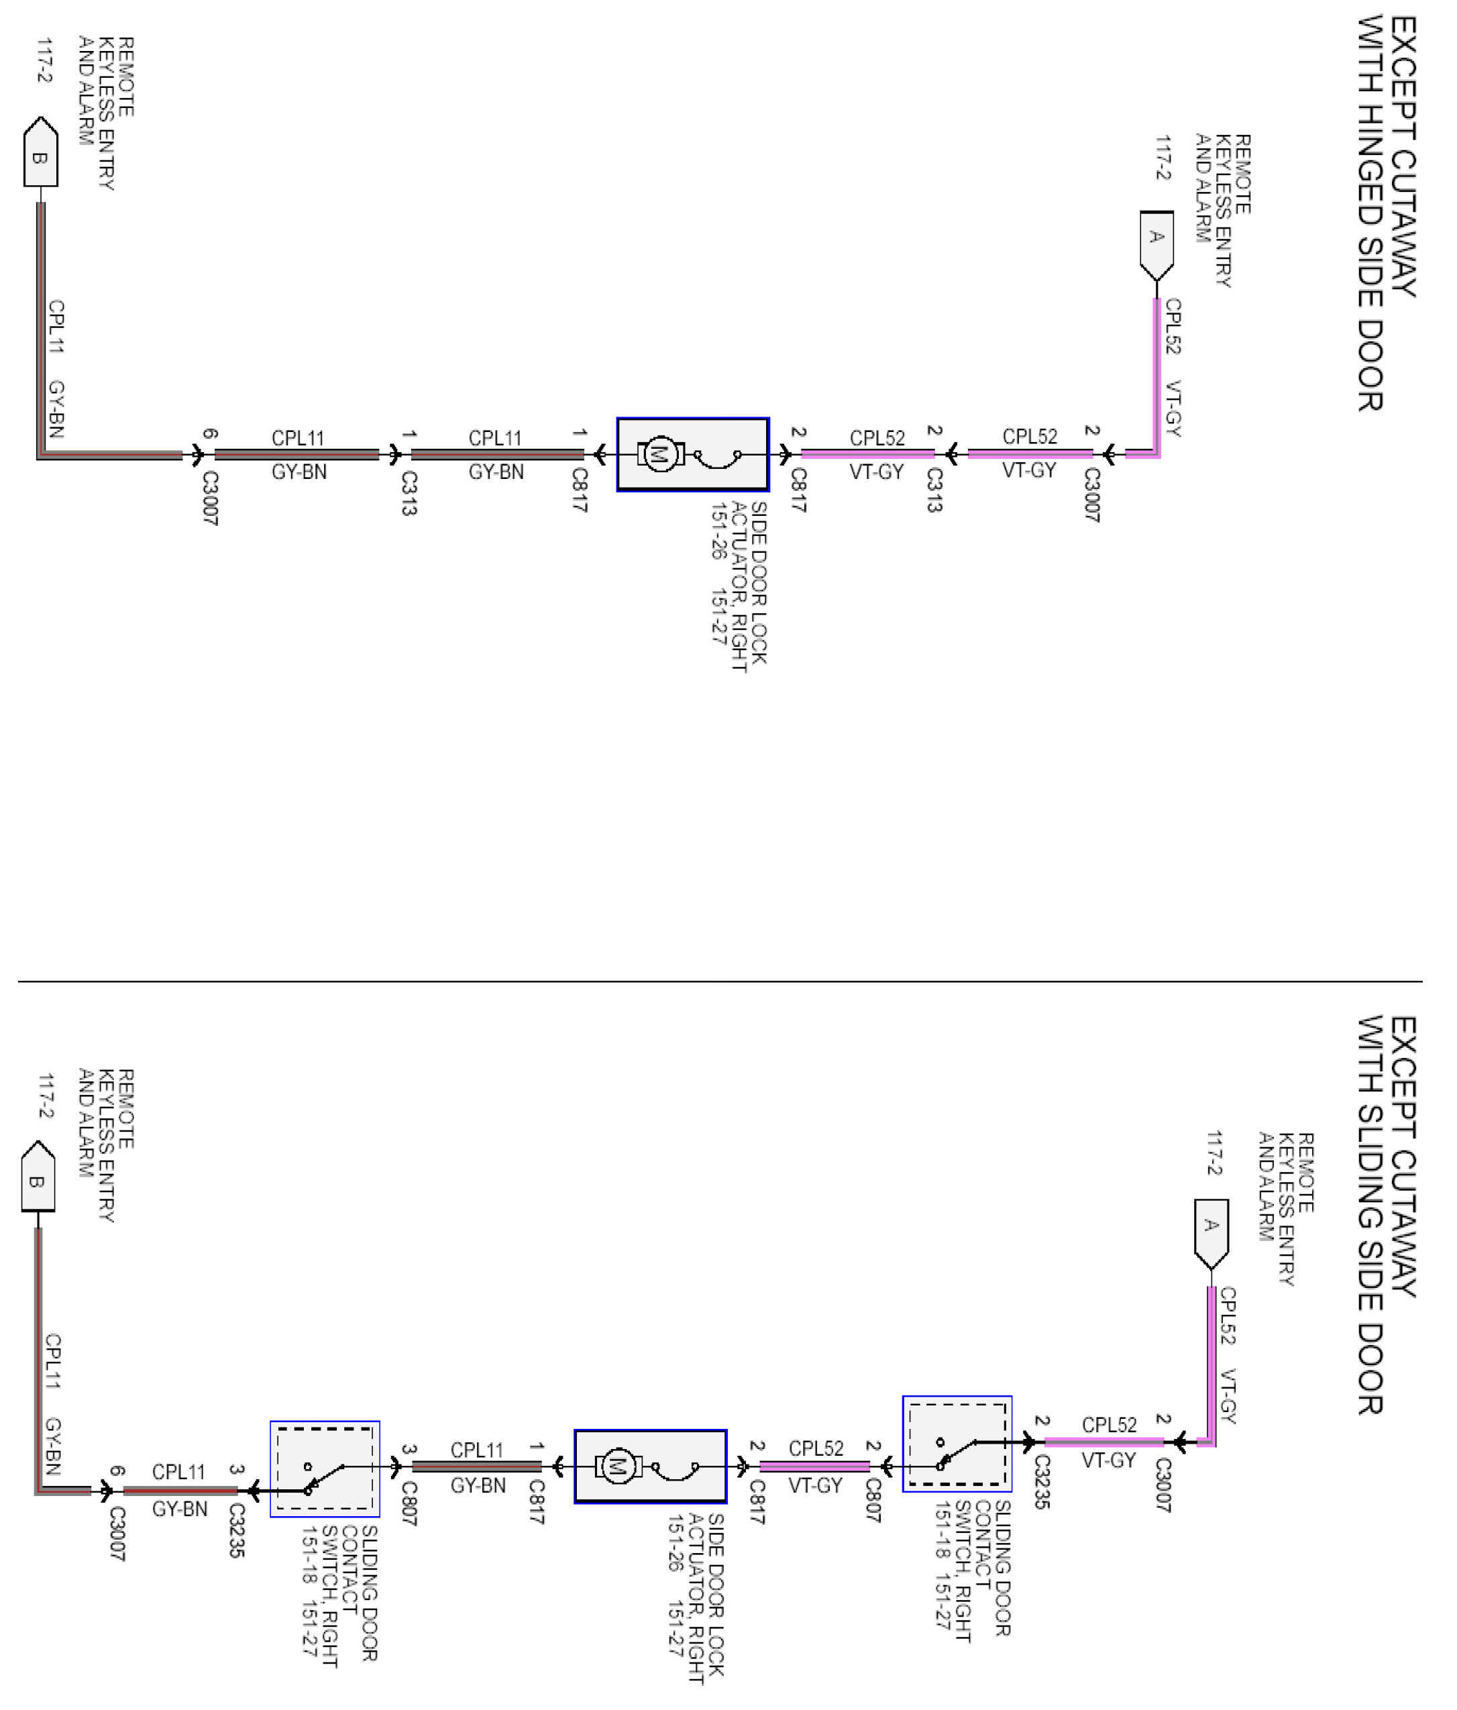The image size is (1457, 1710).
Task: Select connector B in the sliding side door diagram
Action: (38, 1178)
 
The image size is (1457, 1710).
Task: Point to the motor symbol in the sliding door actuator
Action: (616, 1466)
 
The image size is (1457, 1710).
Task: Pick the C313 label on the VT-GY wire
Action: (933, 490)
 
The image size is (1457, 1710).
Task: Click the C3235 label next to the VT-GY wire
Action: (1041, 1481)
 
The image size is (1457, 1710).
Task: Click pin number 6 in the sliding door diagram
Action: (117, 1471)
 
